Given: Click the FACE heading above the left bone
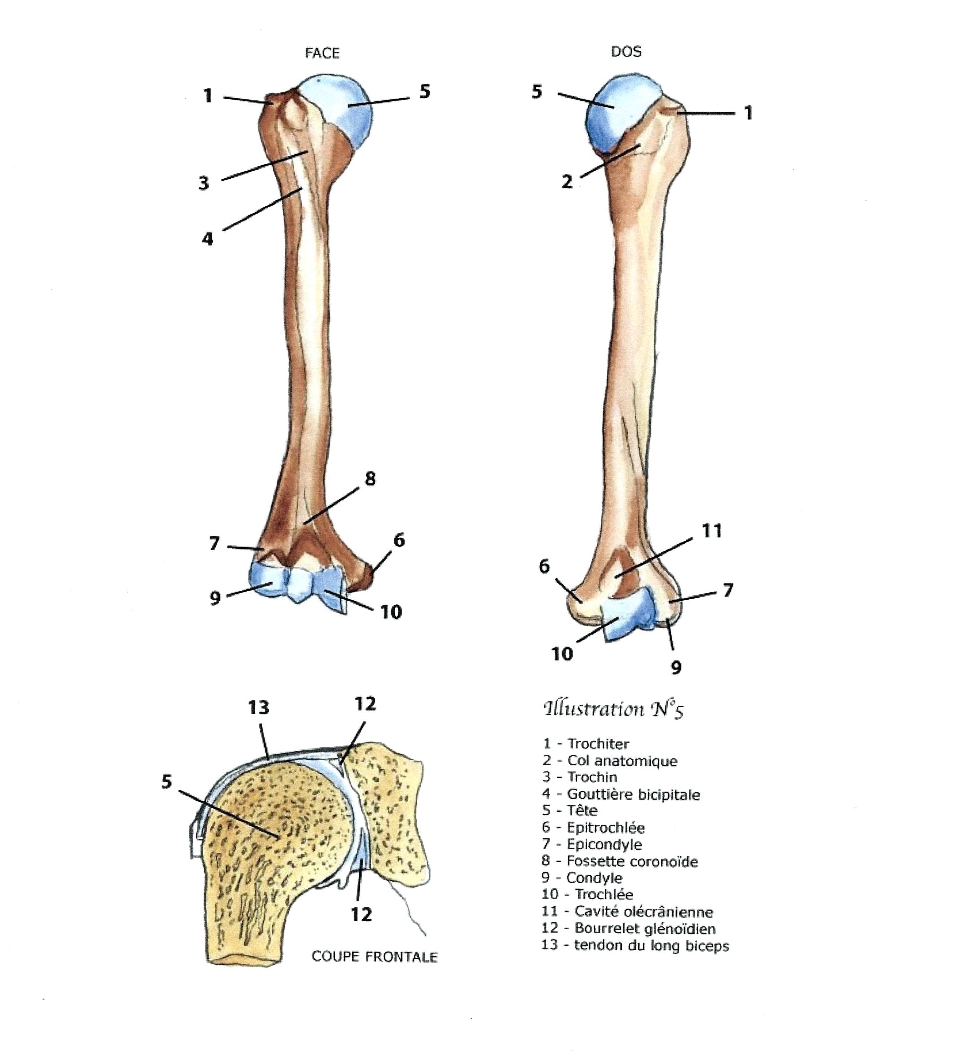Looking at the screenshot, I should [322, 54].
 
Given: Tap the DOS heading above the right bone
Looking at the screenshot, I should [626, 52].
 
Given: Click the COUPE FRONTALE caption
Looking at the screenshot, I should [375, 957].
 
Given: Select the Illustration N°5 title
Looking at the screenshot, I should [613, 709].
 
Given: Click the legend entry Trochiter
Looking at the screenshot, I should [598, 744].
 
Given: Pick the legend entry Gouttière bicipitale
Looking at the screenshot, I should [633, 795].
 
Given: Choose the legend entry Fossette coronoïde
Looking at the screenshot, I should [632, 861].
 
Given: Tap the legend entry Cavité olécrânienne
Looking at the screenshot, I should [643, 912].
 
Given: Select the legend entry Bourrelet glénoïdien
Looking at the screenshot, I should [645, 929].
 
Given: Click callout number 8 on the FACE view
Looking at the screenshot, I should [370, 479].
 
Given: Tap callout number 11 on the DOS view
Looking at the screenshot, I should [712, 530].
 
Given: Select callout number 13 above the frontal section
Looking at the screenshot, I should [258, 707].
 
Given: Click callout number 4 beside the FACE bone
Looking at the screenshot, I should [207, 238].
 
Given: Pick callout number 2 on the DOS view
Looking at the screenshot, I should [567, 182].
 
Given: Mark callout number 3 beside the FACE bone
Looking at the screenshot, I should [204, 184].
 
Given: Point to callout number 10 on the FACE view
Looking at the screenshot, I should [391, 612].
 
